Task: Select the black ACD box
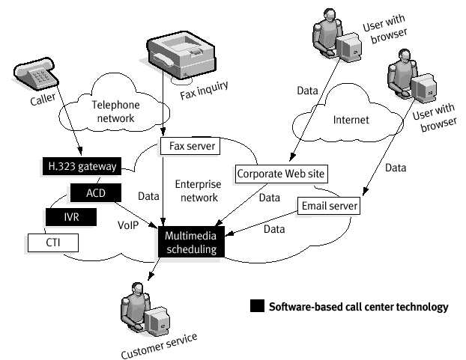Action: [96, 193]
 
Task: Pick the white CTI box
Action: [52, 242]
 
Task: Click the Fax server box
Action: [190, 147]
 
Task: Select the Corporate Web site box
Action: [281, 174]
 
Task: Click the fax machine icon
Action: [181, 54]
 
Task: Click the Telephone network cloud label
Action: [113, 112]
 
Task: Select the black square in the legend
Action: [256, 306]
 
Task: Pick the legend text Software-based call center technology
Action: [358, 307]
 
